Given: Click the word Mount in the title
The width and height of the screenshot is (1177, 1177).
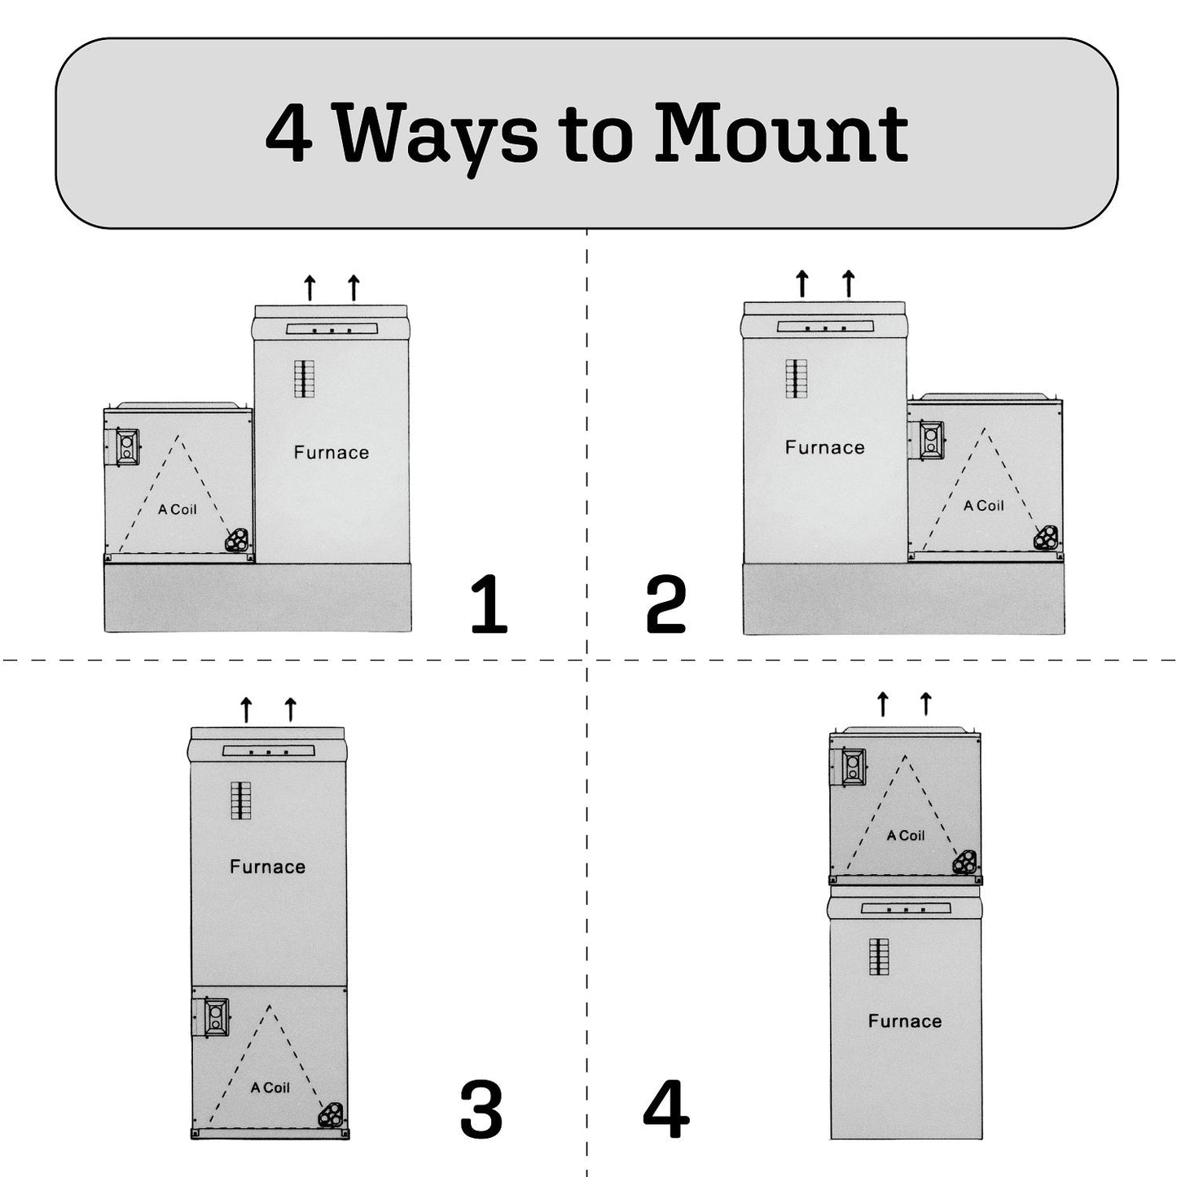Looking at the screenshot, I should [x=782, y=132].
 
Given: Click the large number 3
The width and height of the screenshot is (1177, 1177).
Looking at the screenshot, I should [x=481, y=1109].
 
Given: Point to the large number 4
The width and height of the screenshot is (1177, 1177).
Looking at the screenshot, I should [x=665, y=1109].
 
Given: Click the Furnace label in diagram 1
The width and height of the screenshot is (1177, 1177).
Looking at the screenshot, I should [x=332, y=453].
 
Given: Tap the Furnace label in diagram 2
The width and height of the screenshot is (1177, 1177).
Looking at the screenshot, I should [x=824, y=447].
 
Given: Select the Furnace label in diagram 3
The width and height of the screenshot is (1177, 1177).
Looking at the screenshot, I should [x=267, y=867].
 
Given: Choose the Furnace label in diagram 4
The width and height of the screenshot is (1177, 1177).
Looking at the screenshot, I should [x=904, y=1021].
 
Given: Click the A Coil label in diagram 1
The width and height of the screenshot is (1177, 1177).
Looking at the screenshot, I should [x=178, y=510].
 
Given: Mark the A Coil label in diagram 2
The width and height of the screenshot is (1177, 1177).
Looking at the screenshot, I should [x=984, y=506].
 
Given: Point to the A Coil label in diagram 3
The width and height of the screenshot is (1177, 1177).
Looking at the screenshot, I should [x=270, y=1087].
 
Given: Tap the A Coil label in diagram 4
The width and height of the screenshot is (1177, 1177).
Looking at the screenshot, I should [x=906, y=836].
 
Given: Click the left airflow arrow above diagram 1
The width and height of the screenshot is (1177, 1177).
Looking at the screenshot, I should [x=310, y=288].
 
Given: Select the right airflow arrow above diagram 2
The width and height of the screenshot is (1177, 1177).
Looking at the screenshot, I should [x=848, y=283].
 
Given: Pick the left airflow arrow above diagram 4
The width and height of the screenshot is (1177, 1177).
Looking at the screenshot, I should [x=882, y=705].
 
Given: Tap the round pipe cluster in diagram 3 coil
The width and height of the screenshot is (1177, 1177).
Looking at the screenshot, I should [x=330, y=1115].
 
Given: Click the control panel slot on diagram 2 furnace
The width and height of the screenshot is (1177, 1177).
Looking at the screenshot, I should [x=825, y=327].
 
